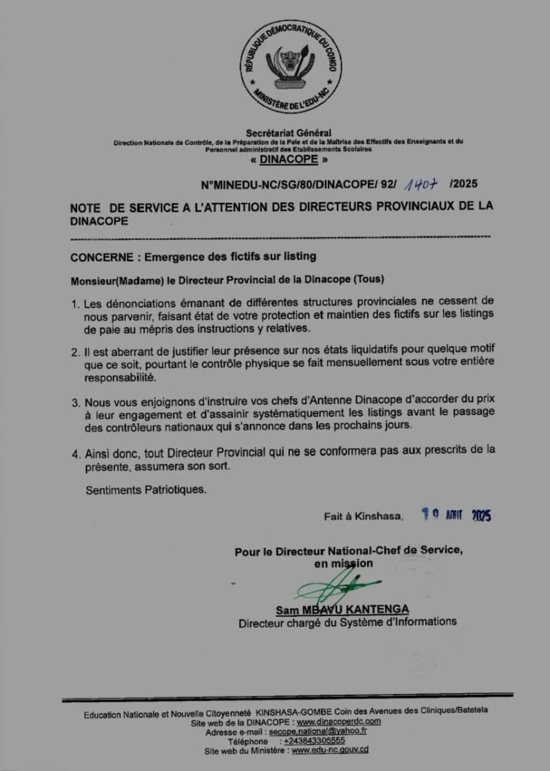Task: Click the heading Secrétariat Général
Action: pos(288,133)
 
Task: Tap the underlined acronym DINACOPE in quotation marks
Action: pos(288,160)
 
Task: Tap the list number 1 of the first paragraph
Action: pos(75,302)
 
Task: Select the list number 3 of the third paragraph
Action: pos(75,402)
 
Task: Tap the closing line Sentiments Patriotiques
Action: pos(146,489)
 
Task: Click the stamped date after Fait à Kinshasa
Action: pos(456,516)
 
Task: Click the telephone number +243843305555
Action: pos(314,740)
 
